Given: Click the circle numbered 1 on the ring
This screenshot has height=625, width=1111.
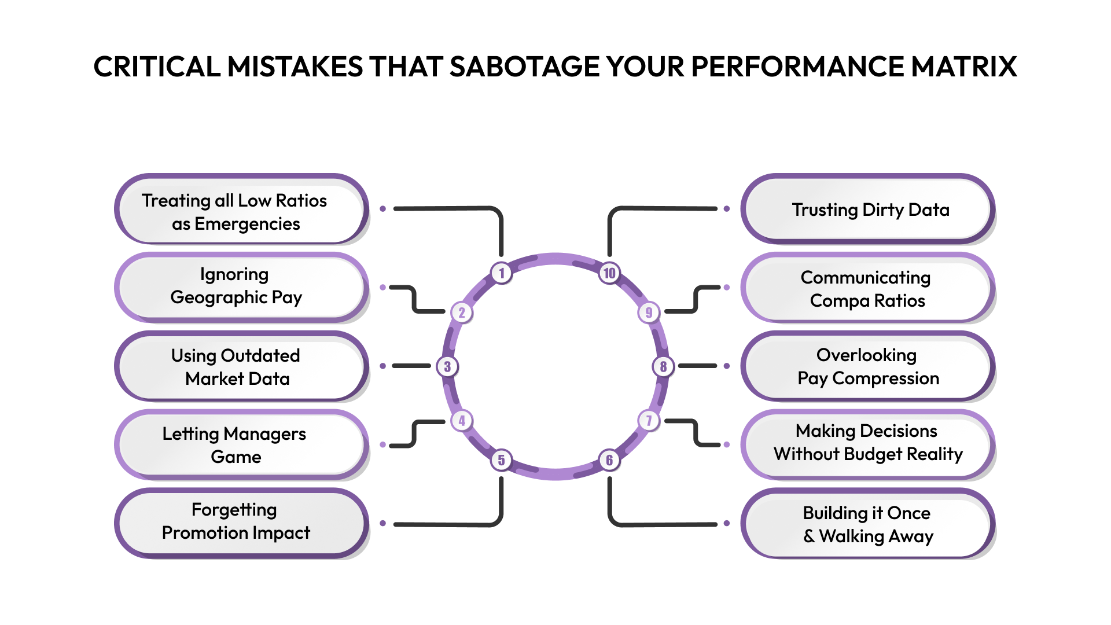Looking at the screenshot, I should pyautogui.click(x=502, y=273).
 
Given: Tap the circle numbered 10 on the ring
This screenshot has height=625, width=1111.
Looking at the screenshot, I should pyautogui.click(x=609, y=273).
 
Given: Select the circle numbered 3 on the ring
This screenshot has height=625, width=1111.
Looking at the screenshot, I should pyautogui.click(x=447, y=366).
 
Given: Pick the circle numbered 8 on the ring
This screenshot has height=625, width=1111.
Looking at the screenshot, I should pyautogui.click(x=663, y=366).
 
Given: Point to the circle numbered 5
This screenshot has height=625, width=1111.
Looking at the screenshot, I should pyautogui.click(x=502, y=460).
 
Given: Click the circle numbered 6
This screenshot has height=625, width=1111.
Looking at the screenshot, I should pyautogui.click(x=609, y=460).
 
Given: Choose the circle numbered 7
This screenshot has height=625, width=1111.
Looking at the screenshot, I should pyautogui.click(x=649, y=421).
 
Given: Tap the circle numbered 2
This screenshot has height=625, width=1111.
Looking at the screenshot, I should pyautogui.click(x=462, y=312).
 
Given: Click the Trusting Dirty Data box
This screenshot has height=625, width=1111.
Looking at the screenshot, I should pyautogui.click(x=868, y=209).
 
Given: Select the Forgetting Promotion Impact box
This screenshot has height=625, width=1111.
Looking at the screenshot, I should pyautogui.click(x=241, y=522).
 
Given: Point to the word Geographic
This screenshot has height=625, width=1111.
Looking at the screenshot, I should pyautogui.click(x=219, y=297).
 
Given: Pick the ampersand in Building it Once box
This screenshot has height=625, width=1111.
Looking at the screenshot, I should pyautogui.click(x=809, y=536).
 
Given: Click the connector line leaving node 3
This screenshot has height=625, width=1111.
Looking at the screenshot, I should pyautogui.click(x=411, y=366).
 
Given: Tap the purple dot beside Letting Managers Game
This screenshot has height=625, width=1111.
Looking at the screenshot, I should pyautogui.click(x=382, y=444).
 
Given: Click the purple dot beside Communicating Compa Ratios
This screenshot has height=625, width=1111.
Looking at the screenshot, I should pyautogui.click(x=727, y=287).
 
